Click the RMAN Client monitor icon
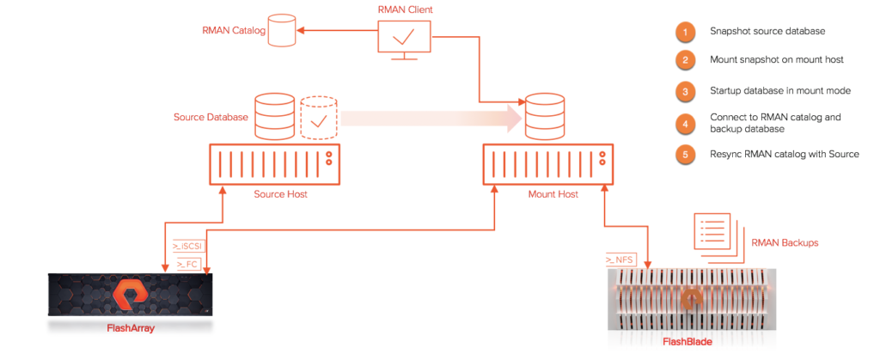[x=404, y=41]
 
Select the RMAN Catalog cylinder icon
[x=282, y=31]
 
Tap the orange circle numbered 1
[x=685, y=32]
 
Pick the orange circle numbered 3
[x=685, y=91]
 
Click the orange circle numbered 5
[x=685, y=154]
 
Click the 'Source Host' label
[x=281, y=194]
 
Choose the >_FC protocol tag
[x=186, y=264]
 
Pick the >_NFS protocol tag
[x=619, y=260]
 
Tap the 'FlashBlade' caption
[x=687, y=341]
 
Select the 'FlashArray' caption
[x=131, y=328]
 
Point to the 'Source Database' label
[x=211, y=118]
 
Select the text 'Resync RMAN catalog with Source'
[x=785, y=154]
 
